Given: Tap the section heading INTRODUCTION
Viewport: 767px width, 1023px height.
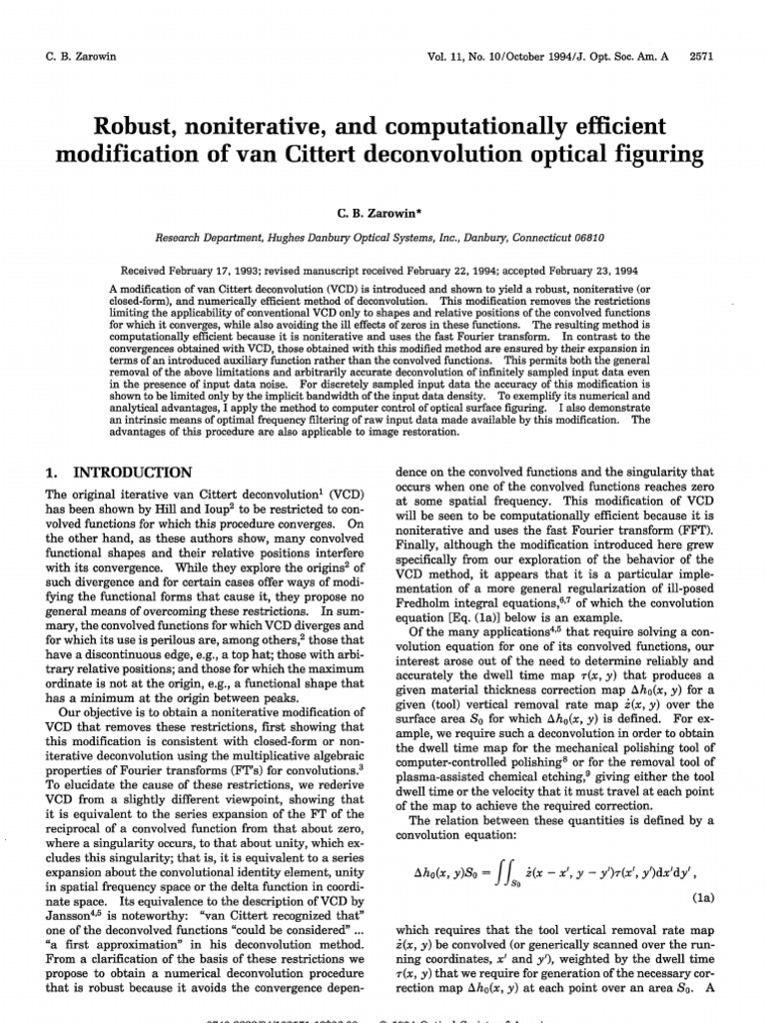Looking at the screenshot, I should [132, 472].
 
